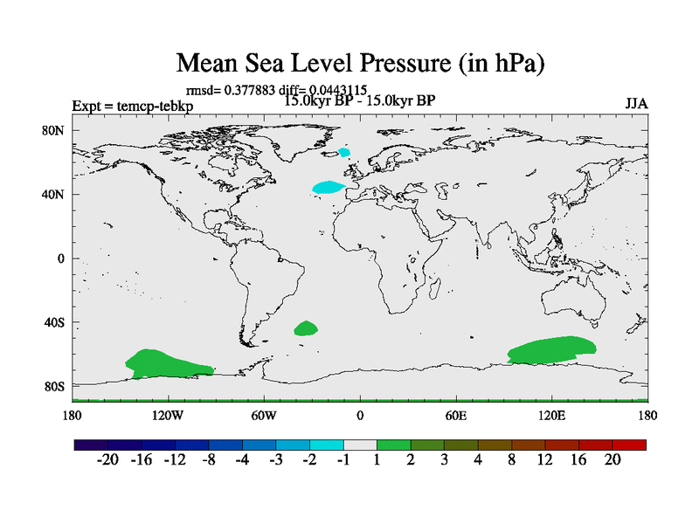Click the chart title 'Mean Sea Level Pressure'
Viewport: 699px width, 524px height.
361,63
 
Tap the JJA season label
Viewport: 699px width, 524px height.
636,104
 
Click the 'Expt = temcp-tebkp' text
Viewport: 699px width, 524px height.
133,107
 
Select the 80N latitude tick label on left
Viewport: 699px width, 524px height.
55,130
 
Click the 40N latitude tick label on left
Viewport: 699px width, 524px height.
55,194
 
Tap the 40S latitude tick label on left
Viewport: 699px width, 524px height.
55,322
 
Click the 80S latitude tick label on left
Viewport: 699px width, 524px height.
55,386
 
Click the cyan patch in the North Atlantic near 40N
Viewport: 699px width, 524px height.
329,187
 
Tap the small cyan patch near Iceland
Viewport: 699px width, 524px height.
344,152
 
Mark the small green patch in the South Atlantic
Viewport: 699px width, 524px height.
306,328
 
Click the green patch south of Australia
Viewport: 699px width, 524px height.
552,349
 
